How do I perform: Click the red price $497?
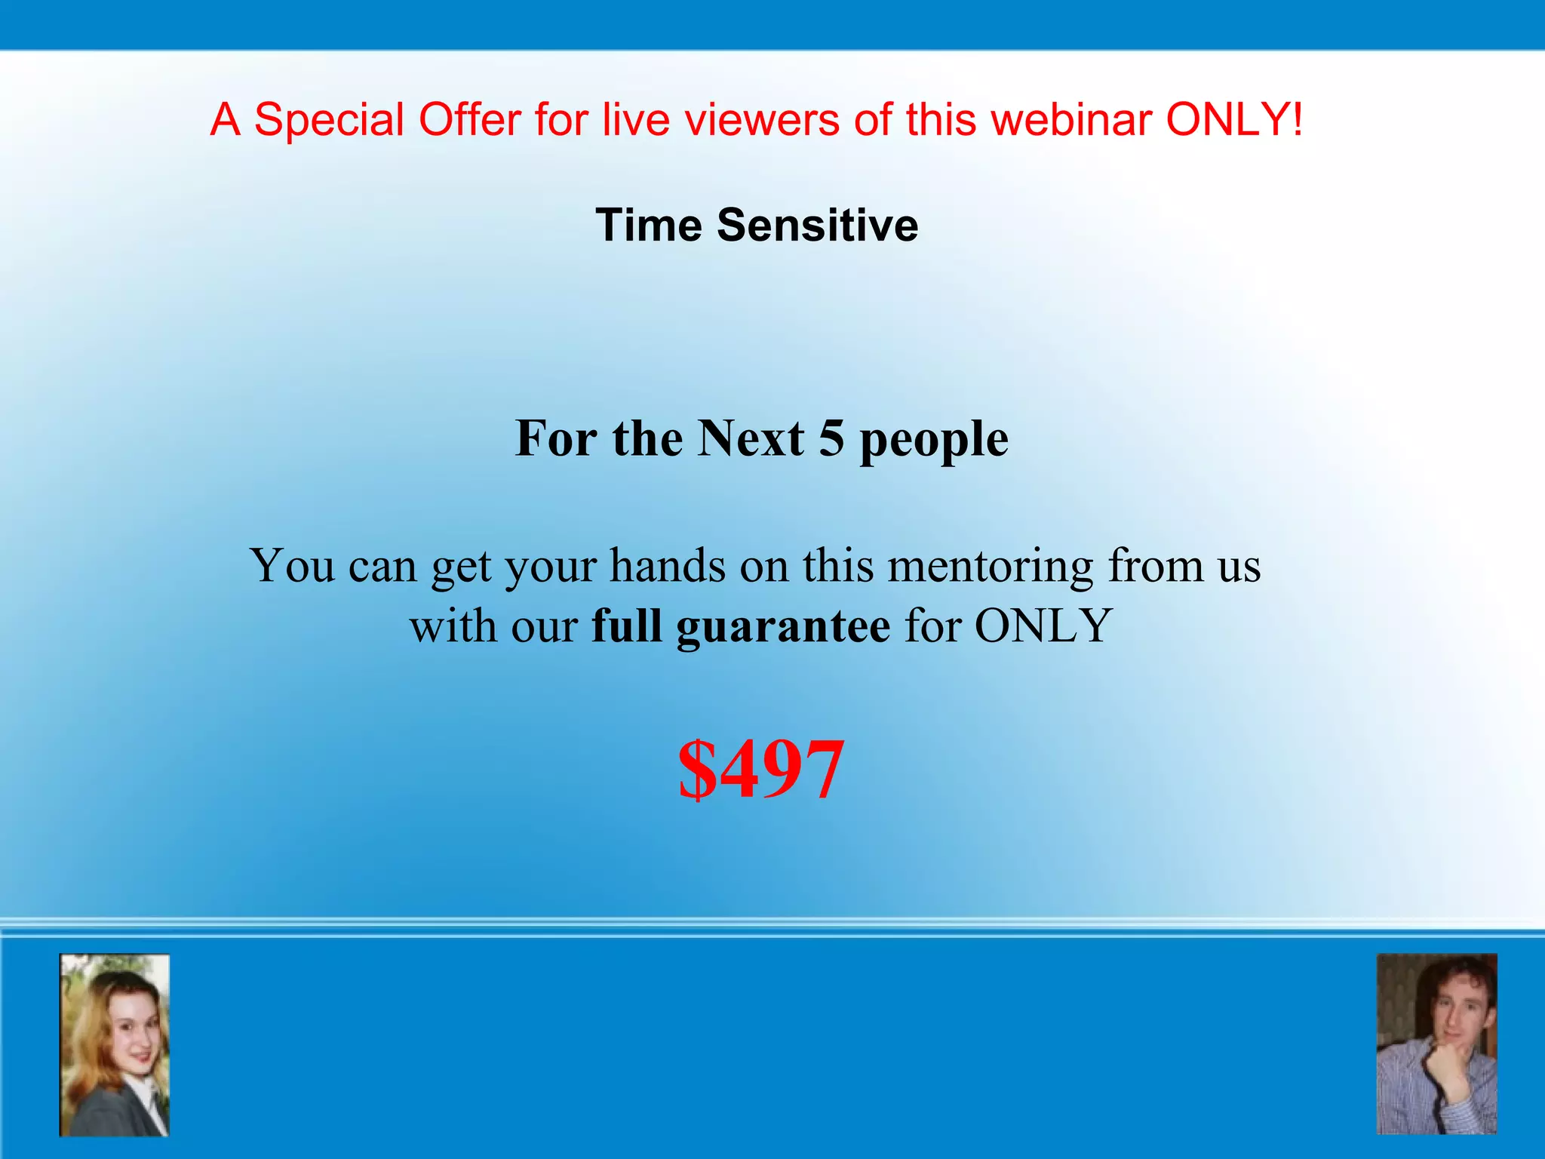click(x=760, y=770)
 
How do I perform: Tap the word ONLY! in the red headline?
click(x=1234, y=119)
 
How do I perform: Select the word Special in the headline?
click(x=329, y=119)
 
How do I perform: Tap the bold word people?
click(x=934, y=439)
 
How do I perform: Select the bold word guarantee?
click(x=782, y=626)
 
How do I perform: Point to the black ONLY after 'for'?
click(x=1043, y=626)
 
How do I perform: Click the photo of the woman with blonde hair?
click(x=115, y=1045)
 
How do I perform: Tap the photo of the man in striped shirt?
click(x=1436, y=1044)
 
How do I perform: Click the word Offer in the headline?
click(x=469, y=119)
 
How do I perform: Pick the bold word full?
click(x=626, y=626)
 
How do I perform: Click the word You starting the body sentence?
click(x=292, y=565)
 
